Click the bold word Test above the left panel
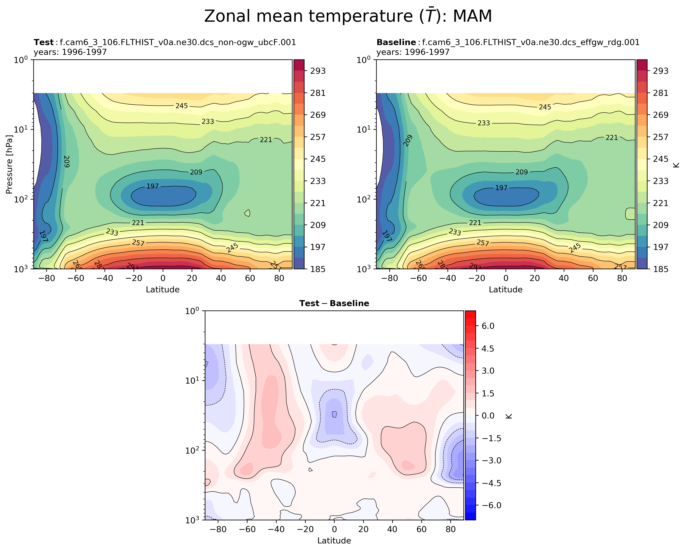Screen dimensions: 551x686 (x=44, y=42)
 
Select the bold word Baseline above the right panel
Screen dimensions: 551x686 (x=396, y=42)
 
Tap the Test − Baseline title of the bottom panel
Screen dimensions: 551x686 (x=334, y=303)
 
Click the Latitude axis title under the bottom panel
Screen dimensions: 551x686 (x=334, y=540)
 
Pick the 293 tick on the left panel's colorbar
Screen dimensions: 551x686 (x=318, y=71)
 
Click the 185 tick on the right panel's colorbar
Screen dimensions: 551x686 (x=661, y=269)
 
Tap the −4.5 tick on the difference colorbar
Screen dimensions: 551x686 (x=491, y=483)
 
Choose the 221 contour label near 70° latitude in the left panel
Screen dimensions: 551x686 (x=266, y=140)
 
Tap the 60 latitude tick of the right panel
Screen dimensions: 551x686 (x=593, y=278)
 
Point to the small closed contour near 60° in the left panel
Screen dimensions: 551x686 (x=247, y=213)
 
